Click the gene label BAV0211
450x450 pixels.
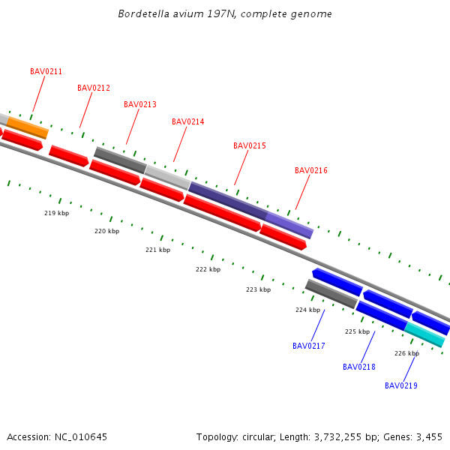click(46, 72)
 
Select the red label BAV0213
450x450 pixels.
click(140, 105)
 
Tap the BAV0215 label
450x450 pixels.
click(250, 146)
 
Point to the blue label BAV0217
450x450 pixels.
click(309, 346)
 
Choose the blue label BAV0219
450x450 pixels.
click(401, 386)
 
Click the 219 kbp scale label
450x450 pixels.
click(56, 214)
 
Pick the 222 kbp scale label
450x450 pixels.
click(208, 270)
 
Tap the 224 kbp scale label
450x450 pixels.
click(307, 310)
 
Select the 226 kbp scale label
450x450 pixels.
click(406, 353)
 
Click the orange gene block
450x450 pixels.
click(28, 127)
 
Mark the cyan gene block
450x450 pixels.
click(424, 334)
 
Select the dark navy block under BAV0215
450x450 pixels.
click(227, 200)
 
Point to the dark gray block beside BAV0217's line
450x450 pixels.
click(331, 293)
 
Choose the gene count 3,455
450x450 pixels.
click(430, 437)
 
